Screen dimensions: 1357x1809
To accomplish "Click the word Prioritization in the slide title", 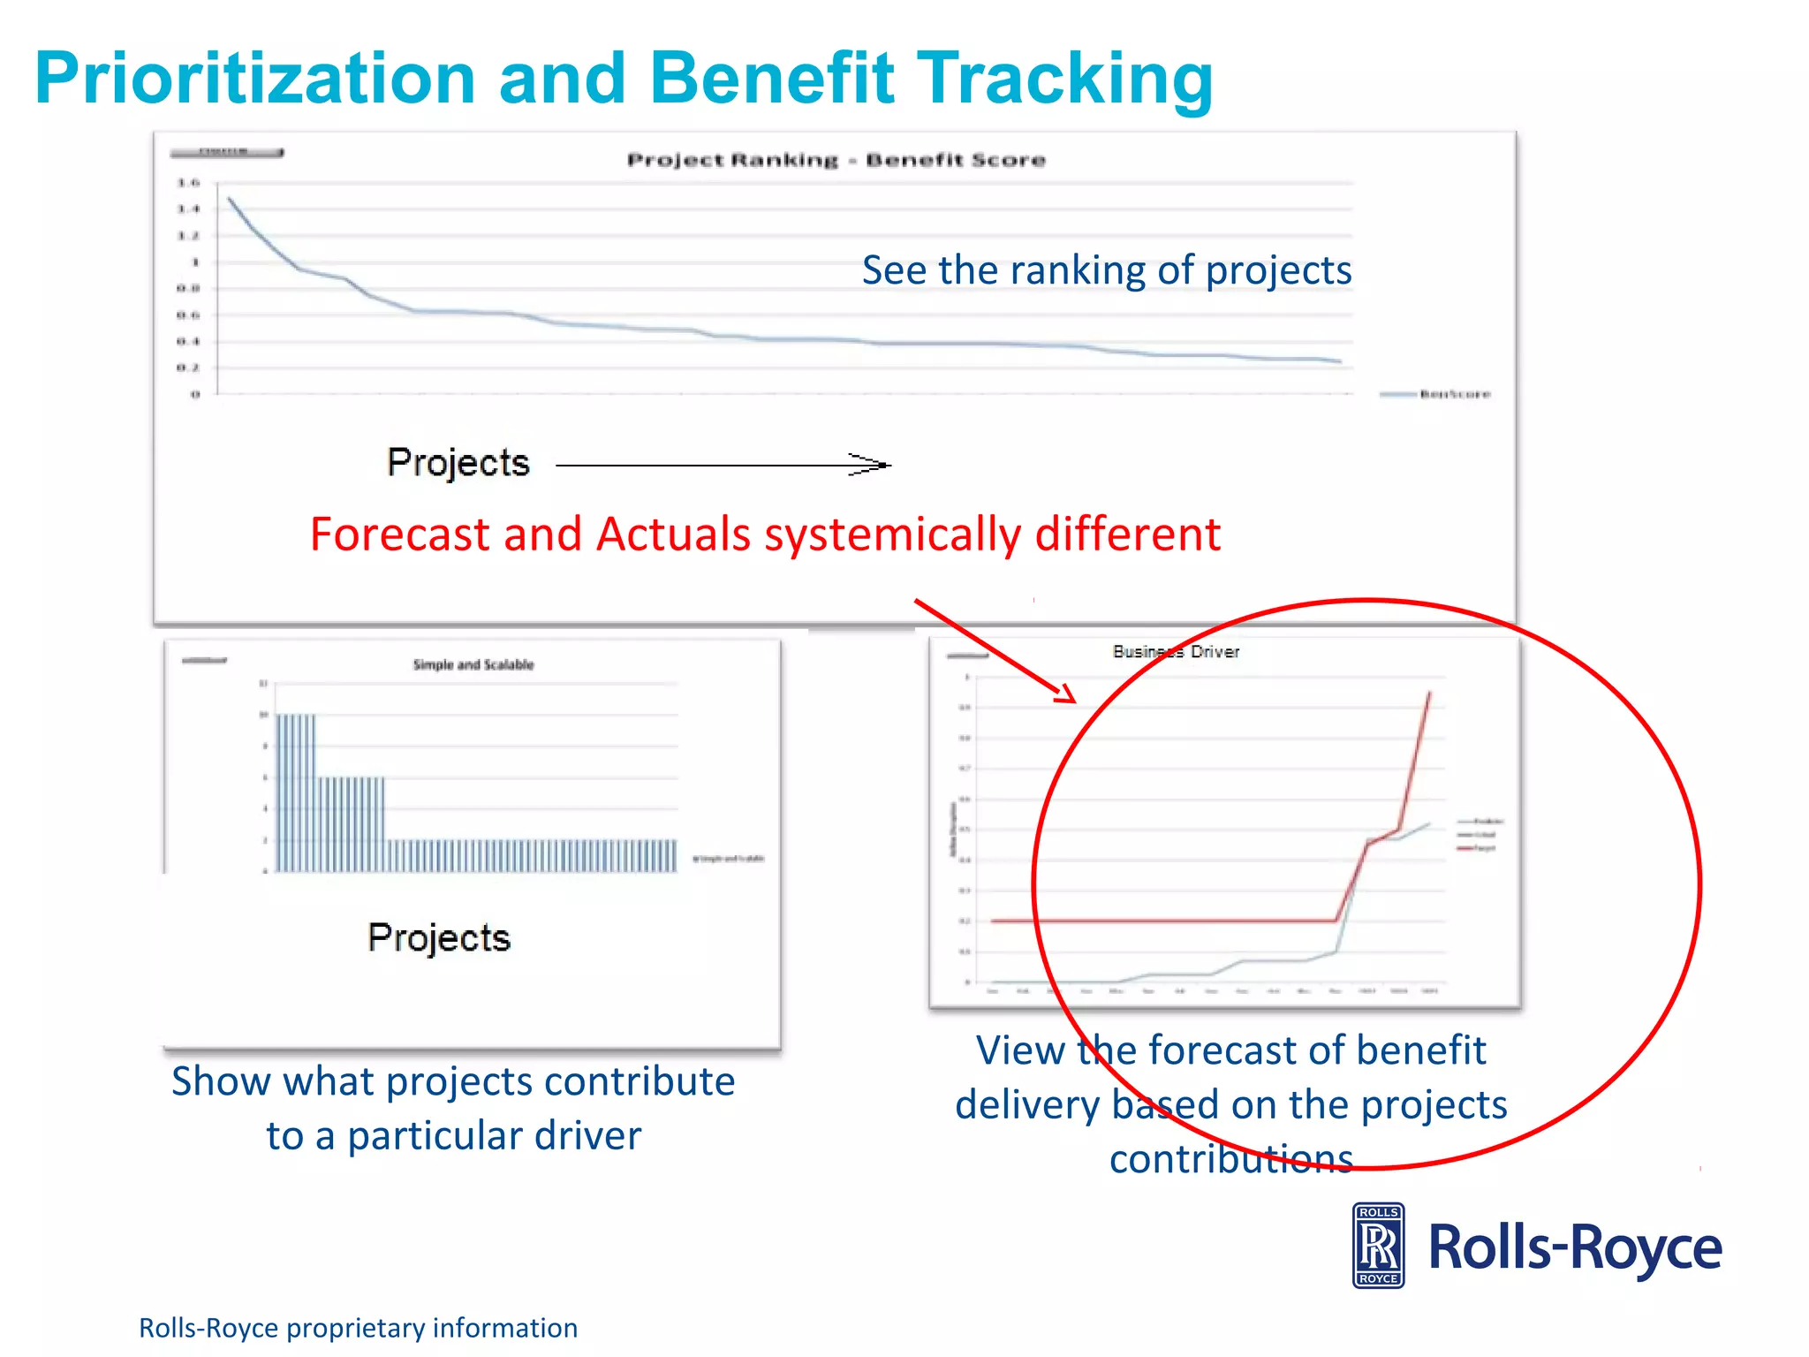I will tap(255, 80).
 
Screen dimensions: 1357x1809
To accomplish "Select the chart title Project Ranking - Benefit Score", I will tap(836, 160).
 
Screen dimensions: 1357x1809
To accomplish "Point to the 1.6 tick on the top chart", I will tap(188, 183).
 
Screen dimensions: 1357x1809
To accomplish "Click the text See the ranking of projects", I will tap(1106, 270).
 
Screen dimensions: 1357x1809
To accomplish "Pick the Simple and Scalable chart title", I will tap(473, 664).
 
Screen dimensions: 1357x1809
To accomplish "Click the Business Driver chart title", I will tap(1176, 652).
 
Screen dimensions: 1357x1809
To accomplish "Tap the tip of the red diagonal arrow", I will tap(1073, 701).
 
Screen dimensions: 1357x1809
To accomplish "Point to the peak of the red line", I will tap(1429, 694).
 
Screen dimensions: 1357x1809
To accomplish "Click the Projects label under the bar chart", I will tap(439, 937).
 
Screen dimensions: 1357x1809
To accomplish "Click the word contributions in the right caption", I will tap(1231, 1159).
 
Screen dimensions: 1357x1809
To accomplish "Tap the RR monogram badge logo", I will tap(1378, 1246).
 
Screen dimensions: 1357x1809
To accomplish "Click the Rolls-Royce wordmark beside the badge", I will tap(1574, 1247).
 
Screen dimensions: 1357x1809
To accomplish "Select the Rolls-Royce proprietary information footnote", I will tap(358, 1328).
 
